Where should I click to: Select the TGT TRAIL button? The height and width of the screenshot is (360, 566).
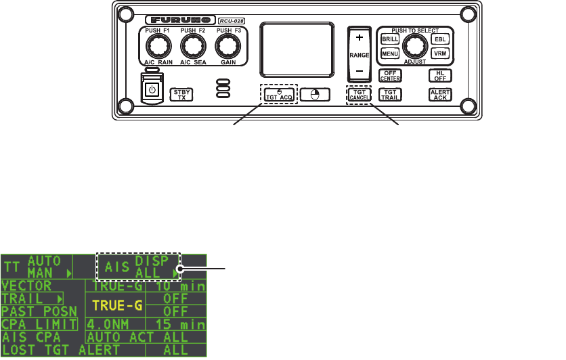(389, 95)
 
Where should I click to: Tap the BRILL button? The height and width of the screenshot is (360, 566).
(390, 39)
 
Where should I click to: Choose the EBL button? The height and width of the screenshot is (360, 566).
(439, 39)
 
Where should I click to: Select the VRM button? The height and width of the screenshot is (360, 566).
(439, 53)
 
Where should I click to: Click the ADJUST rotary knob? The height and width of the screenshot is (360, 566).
(414, 45)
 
